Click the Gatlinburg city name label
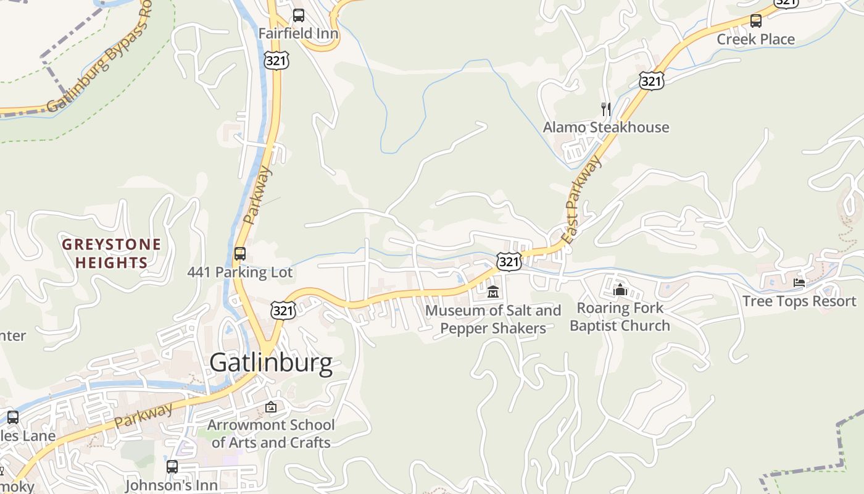pyautogui.click(x=271, y=362)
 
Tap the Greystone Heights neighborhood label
pyautogui.click(x=112, y=254)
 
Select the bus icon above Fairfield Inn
pyautogui.click(x=299, y=15)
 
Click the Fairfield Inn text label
pyautogui.click(x=298, y=33)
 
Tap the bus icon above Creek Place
pyautogui.click(x=756, y=21)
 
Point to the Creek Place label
pyautogui.click(x=755, y=40)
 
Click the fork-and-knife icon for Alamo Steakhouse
pyautogui.click(x=606, y=109)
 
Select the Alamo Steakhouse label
pyautogui.click(x=606, y=128)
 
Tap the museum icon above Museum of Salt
pyautogui.click(x=492, y=292)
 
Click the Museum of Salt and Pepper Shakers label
pyautogui.click(x=493, y=319)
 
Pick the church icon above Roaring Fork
pyautogui.click(x=620, y=290)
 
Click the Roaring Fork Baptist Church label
pyautogui.click(x=620, y=317)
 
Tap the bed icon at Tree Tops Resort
pyautogui.click(x=799, y=283)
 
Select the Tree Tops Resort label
pyautogui.click(x=799, y=301)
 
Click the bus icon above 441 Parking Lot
pyautogui.click(x=240, y=254)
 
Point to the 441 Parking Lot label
pyautogui.click(x=240, y=272)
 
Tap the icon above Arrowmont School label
pyautogui.click(x=270, y=407)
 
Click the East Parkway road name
pyautogui.click(x=581, y=200)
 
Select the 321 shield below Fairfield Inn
pyautogui.click(x=276, y=61)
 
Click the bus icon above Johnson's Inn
pyautogui.click(x=172, y=467)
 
